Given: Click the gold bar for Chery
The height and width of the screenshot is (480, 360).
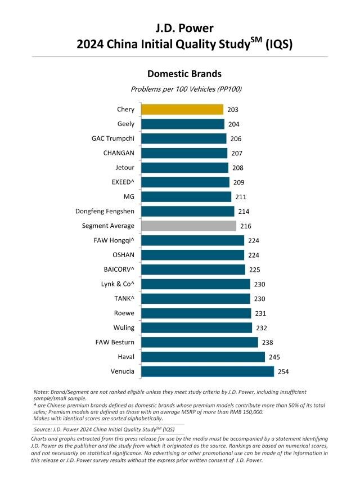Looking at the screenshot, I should click(182, 109).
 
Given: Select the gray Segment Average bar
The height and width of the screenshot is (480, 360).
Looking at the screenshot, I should click(188, 226).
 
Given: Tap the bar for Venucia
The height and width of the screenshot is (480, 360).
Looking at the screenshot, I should click(207, 371).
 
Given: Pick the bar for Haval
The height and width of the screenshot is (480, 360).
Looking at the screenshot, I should click(202, 357).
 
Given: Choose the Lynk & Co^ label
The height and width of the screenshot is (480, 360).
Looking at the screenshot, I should click(117, 284).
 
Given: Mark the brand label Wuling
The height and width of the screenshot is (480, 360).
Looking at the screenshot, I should click(124, 328).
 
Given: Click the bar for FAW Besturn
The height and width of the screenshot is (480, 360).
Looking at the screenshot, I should click(199, 342).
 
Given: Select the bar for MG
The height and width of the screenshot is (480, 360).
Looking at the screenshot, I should click(186, 196).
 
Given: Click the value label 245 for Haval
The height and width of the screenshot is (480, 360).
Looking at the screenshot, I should click(274, 357).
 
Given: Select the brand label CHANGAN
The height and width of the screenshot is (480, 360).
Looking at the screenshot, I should click(119, 153).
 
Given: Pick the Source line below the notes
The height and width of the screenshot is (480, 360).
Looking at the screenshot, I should click(103, 429).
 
